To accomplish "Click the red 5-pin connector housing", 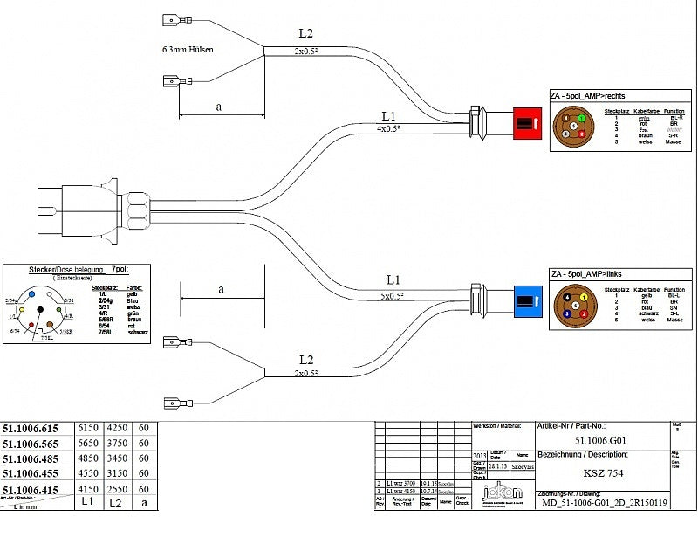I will pos(527,123).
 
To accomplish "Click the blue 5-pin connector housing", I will pos(527,301).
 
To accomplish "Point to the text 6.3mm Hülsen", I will pos(188,50).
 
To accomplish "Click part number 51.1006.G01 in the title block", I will pos(601,441).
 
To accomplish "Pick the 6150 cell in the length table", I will pos(89,429).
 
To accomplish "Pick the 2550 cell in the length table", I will pos(116,490).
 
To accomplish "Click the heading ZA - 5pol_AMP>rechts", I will pos(587,96).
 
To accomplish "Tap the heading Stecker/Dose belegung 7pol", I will pos(65,270).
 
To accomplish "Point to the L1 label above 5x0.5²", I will pos(393,280).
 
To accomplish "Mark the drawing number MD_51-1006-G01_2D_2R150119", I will pos(605,503).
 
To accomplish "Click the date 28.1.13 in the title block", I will pos(499,466).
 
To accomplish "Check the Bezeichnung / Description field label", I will pos(582,456).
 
